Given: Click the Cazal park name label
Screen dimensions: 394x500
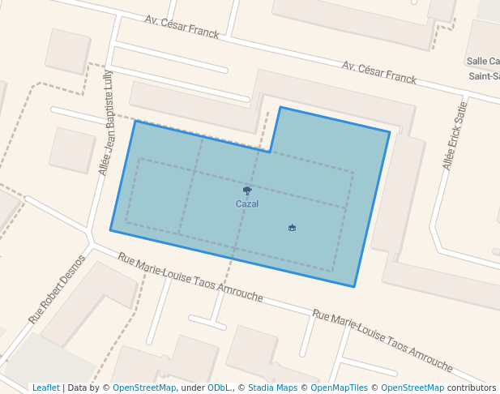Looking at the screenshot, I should [x=247, y=204].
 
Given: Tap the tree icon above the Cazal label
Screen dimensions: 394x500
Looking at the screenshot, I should [x=247, y=191].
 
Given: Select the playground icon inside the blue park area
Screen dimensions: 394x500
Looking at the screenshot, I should [x=292, y=228].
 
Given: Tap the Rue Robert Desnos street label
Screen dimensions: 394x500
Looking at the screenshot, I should [x=57, y=289].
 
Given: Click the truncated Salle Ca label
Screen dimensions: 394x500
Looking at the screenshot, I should [x=483, y=62].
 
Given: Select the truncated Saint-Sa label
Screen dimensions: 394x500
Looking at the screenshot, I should [x=484, y=76].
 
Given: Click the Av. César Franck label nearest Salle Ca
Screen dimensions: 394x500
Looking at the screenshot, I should [x=378, y=72].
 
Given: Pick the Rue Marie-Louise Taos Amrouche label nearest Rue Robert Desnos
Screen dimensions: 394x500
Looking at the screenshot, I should [x=190, y=277].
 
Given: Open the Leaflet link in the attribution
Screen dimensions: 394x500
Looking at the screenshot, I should [x=46, y=388].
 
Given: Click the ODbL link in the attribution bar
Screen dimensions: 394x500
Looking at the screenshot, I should [x=218, y=388].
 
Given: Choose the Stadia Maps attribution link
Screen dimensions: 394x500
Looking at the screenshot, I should [x=272, y=388].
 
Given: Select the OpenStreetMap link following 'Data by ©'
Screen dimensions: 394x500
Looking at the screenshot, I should [x=144, y=388].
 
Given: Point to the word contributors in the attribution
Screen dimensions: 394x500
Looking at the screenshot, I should [x=472, y=388].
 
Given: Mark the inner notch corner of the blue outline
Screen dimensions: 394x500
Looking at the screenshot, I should [x=271, y=151].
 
